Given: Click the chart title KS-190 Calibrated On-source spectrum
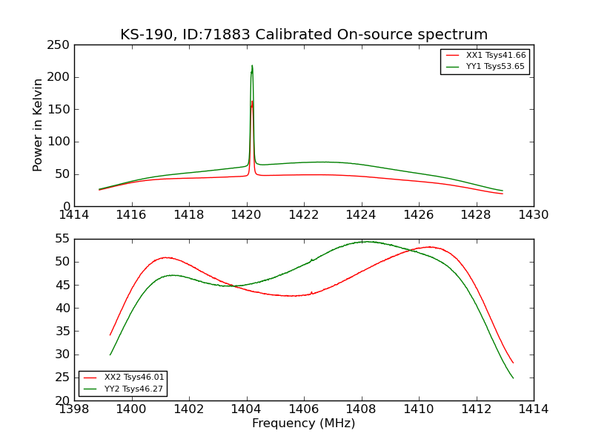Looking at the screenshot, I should click(304, 35).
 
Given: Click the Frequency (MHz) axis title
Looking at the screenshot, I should click(304, 423).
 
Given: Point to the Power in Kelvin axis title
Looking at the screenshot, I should click(38, 125).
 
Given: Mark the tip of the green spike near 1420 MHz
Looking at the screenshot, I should click(252, 65).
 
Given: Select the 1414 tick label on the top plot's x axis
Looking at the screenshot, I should click(74, 214).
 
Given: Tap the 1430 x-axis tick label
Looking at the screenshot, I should click(534, 214).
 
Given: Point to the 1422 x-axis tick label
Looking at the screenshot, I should click(304, 214).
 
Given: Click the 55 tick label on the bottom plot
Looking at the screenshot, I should click(62, 239).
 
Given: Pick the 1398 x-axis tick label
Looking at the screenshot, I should click(74, 409).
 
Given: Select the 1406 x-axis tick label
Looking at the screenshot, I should click(304, 409).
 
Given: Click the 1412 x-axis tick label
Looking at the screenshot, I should click(476, 409).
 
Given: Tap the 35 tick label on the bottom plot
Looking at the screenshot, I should click(62, 332).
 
